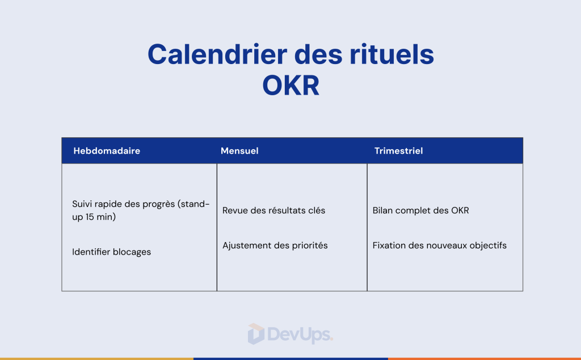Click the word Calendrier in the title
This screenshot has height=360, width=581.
click(217, 54)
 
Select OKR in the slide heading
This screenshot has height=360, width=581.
click(291, 86)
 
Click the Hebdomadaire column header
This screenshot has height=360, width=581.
click(107, 151)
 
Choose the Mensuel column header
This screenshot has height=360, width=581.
click(239, 151)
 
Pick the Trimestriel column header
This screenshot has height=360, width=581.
click(398, 151)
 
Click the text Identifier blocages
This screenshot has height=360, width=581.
click(112, 252)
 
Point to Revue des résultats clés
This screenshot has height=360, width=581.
click(274, 210)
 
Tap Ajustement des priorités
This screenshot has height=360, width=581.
click(275, 245)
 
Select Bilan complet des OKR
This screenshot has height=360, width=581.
click(420, 210)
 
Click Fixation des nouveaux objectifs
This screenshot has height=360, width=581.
click(440, 245)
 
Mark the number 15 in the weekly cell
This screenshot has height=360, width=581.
click(90, 217)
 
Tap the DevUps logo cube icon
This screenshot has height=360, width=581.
click(256, 334)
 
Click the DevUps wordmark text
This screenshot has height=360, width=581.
click(298, 334)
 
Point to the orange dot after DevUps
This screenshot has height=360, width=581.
click(331, 339)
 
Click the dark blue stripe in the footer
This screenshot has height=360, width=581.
click(291, 358)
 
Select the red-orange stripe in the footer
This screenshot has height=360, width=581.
click(485, 358)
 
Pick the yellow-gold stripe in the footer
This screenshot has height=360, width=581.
click(96, 358)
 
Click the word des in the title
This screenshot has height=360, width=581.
click(318, 54)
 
